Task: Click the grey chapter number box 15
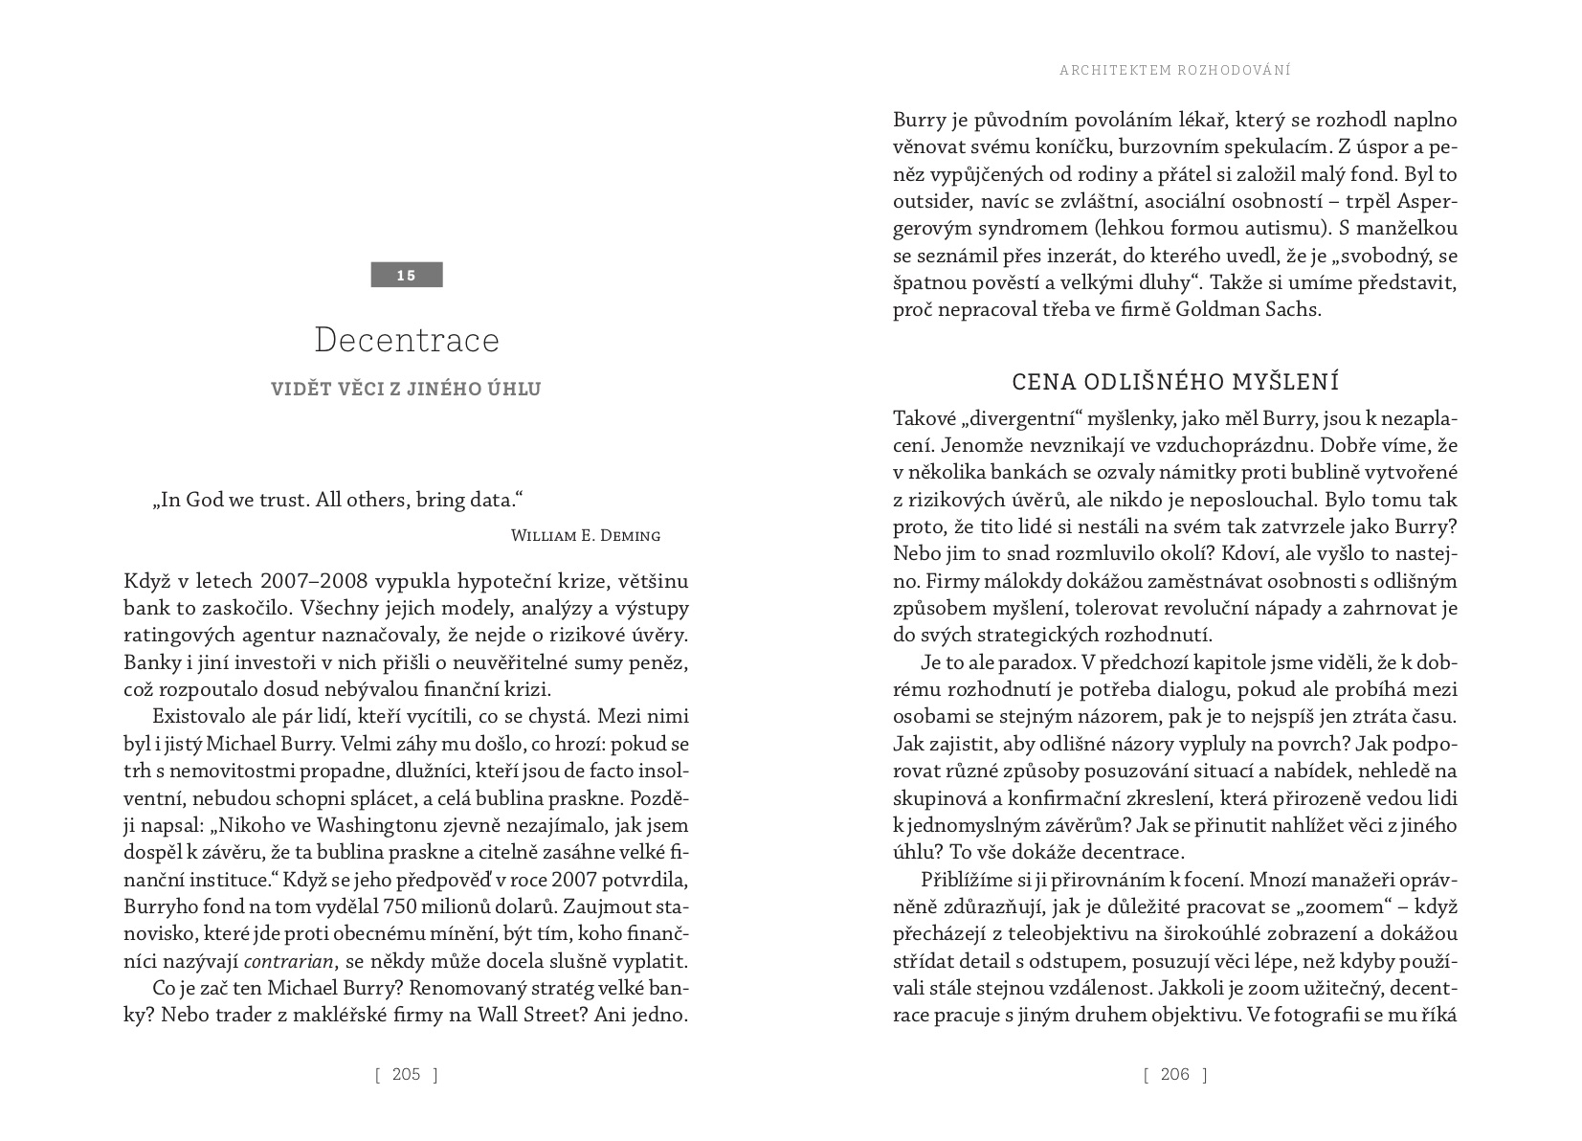click(407, 275)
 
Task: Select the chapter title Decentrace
click(407, 340)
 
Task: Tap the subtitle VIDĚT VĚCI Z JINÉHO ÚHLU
click(406, 389)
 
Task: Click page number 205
click(406, 1074)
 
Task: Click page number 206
click(1174, 1074)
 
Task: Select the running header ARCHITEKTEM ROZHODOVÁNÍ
click(1175, 70)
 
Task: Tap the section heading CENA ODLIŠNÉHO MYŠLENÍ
click(1175, 382)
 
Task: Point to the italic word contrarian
click(289, 961)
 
